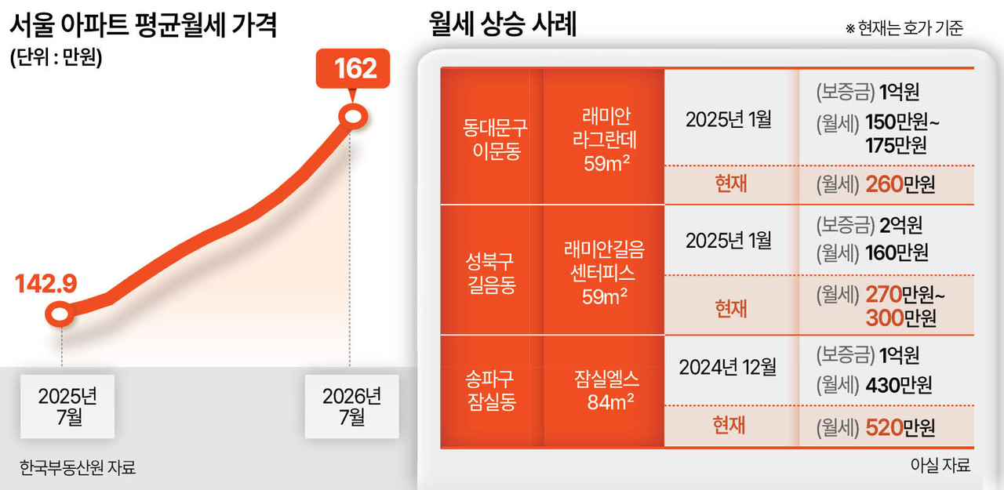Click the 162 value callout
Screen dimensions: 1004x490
click(353, 68)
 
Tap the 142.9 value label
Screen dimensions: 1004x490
click(46, 284)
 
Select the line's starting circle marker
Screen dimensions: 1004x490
click(60, 314)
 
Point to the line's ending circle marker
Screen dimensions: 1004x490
click(353, 117)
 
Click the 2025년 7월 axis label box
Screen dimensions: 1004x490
click(67, 406)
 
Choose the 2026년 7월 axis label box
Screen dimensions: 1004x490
click(352, 406)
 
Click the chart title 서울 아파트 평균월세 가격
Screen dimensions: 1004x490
click(144, 25)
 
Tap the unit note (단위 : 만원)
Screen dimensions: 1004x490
click(56, 57)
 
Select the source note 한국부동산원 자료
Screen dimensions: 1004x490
click(78, 467)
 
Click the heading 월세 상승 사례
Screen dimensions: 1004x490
click(503, 24)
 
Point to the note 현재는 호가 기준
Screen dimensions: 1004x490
click(904, 28)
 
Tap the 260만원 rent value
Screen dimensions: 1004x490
click(900, 184)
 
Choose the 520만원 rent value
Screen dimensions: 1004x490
click(900, 428)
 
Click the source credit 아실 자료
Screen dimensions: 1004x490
click(940, 465)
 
